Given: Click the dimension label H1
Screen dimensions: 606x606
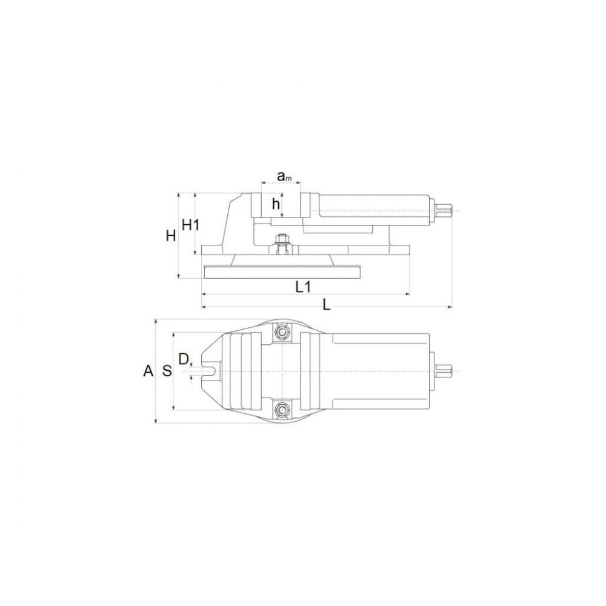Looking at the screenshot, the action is pyautogui.click(x=190, y=224).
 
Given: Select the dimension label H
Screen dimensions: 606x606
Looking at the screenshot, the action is pyautogui.click(x=171, y=235).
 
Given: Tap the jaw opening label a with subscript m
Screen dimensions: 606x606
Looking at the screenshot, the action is pyautogui.click(x=284, y=176).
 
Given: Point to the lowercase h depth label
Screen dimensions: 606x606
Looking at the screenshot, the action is pyautogui.click(x=276, y=204).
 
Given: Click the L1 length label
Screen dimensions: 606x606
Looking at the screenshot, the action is pyautogui.click(x=304, y=287).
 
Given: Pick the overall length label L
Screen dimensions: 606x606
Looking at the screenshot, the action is pyautogui.click(x=327, y=305).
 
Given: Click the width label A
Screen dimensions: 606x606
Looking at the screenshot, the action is pyautogui.click(x=148, y=371).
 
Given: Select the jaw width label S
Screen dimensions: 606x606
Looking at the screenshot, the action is pyautogui.click(x=167, y=371).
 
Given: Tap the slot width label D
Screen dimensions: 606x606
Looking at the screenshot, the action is pyautogui.click(x=184, y=359).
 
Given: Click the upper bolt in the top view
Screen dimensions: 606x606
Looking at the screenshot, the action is pyautogui.click(x=282, y=332).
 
